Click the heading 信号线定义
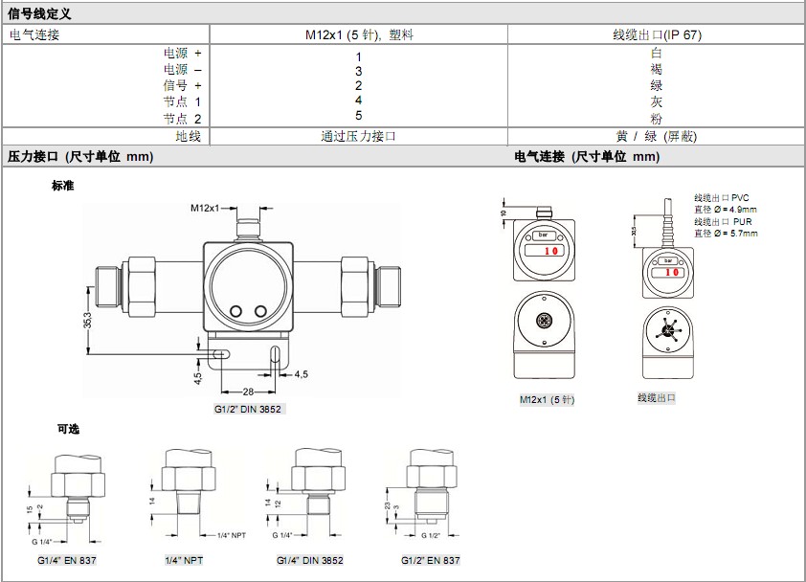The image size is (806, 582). click(39, 13)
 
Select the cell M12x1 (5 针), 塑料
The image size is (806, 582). click(359, 34)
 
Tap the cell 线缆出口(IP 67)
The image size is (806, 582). click(657, 34)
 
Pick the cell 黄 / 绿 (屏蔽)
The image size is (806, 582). click(657, 136)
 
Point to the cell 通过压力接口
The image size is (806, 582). click(358, 136)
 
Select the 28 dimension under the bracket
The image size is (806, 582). click(248, 392)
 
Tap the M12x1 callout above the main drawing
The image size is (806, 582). click(205, 208)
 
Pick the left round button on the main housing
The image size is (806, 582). click(235, 310)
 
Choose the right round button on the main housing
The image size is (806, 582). click(260, 310)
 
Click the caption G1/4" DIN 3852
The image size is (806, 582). click(310, 560)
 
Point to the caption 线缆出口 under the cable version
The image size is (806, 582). click(657, 397)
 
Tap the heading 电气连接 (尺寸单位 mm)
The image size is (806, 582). click(587, 156)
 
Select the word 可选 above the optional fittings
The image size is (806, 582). click(68, 429)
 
